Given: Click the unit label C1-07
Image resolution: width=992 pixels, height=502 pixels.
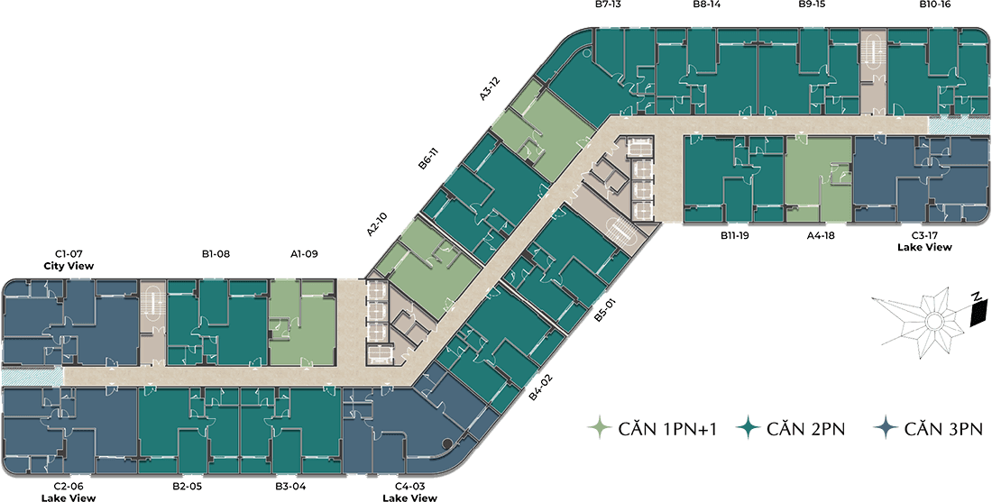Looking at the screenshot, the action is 69,254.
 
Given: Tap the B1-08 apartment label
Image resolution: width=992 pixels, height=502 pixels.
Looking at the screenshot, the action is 216,254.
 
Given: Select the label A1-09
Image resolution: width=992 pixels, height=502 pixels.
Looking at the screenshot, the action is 304,254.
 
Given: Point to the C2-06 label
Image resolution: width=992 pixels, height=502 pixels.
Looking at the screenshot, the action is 69,487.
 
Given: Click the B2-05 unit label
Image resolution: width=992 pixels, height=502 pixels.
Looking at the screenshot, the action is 187,487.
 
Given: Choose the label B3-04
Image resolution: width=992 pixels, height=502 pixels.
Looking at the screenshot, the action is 290,487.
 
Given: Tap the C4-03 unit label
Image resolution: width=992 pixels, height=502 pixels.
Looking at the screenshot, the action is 410,487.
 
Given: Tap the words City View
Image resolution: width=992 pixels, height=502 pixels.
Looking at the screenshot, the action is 69,266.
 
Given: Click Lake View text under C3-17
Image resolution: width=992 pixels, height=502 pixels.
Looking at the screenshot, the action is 924,247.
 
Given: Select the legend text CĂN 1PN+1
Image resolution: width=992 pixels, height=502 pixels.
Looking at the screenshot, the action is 666,431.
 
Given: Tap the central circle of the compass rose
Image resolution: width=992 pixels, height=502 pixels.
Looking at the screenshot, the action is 930,322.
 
